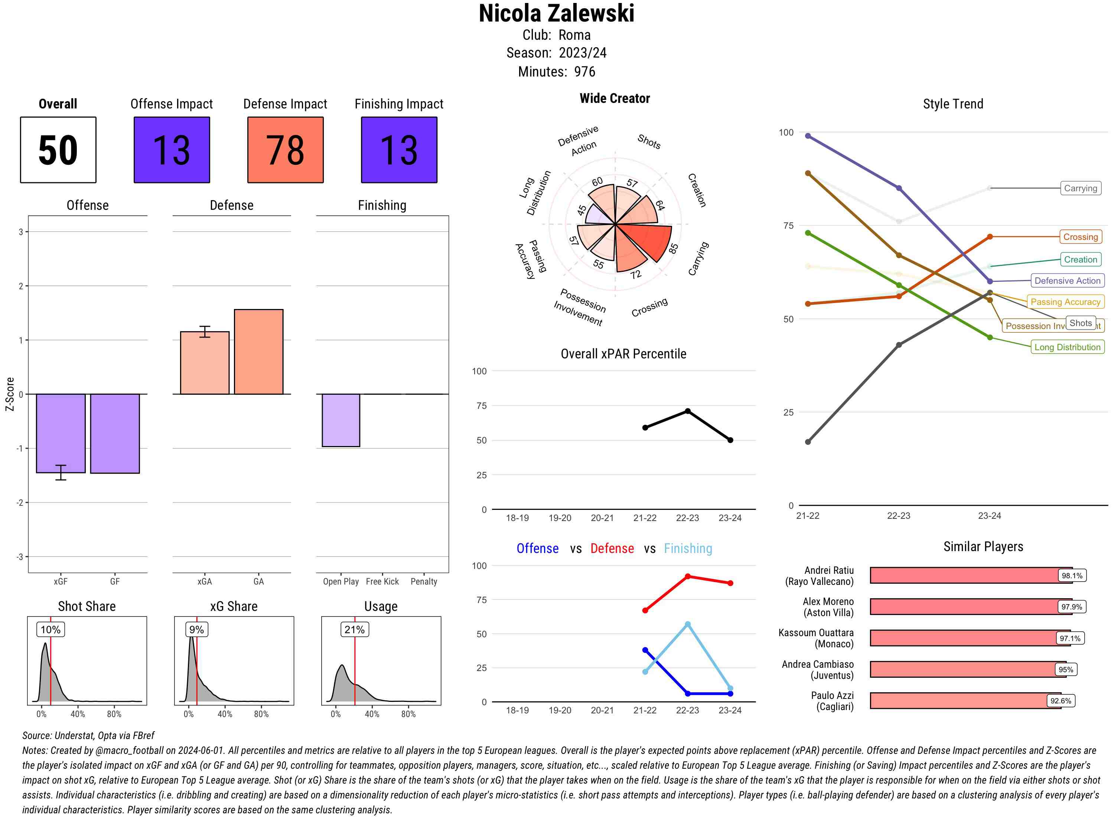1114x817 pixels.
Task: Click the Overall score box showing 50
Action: [x=58, y=150]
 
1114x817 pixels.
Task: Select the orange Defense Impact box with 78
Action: [x=285, y=150]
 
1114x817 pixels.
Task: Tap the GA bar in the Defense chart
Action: [x=258, y=352]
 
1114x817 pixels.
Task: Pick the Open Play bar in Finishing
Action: [x=341, y=420]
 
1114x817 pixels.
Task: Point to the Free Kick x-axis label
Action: [x=382, y=582]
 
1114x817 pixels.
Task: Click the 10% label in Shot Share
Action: [x=51, y=629]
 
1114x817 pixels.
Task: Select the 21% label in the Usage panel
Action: [x=355, y=629]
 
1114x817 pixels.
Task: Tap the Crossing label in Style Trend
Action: [x=1080, y=237]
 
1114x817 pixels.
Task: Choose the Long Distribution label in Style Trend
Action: [x=1067, y=347]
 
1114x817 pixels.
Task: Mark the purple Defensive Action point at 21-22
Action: [x=808, y=136]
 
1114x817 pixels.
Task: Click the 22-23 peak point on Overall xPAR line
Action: [x=687, y=411]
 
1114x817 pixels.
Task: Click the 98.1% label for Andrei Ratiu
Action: [x=1071, y=576]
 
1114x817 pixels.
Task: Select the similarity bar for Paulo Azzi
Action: [x=964, y=701]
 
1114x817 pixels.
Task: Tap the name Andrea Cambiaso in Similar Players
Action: [x=817, y=664]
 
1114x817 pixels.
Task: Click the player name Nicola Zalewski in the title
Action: [x=556, y=14]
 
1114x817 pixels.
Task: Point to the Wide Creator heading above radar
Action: [x=615, y=98]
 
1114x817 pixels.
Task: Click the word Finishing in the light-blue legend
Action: [x=688, y=549]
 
